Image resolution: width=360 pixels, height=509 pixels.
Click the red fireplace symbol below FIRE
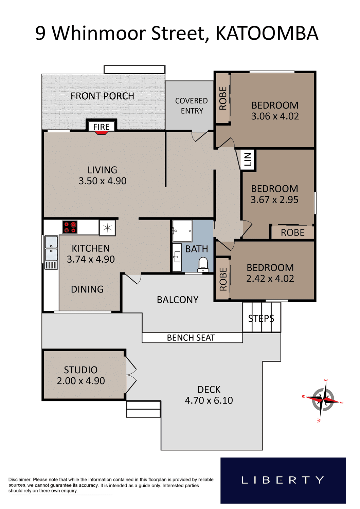102,133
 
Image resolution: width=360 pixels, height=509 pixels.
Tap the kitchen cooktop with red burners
70,227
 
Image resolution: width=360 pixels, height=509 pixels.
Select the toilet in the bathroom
203,265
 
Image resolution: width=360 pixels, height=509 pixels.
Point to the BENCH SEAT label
191,338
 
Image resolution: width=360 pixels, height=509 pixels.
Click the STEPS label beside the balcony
261,319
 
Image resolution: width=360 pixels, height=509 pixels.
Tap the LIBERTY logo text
283,480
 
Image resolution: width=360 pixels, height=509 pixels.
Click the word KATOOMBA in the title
267,33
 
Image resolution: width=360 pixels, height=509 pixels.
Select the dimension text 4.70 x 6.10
209,400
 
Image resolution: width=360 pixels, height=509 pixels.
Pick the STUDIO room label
81,370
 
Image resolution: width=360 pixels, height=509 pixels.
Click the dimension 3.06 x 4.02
275,116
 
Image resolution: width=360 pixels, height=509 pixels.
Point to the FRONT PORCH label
102,96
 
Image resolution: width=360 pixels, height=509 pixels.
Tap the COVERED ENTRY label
192,106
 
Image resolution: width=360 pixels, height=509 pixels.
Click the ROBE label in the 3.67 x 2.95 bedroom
293,233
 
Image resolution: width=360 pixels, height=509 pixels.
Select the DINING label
87,289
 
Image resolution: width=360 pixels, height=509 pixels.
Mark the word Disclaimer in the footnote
20,479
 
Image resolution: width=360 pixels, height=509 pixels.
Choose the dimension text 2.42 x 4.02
270,279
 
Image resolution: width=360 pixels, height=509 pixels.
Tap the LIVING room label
102,170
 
